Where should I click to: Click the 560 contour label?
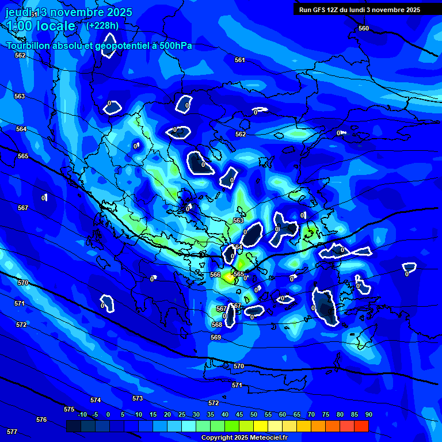(363, 28)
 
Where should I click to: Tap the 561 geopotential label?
(240, 60)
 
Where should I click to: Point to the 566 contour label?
(215, 275)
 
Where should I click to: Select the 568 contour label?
(216, 325)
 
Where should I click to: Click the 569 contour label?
(216, 337)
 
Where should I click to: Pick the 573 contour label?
(138, 398)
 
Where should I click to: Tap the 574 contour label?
(96, 400)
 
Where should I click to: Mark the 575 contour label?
(69, 409)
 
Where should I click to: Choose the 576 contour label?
(41, 420)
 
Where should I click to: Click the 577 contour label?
(12, 431)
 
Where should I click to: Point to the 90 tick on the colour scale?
(368, 414)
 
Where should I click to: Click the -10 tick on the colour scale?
(82, 414)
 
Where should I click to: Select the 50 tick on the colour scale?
(254, 414)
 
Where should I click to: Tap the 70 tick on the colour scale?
(311, 414)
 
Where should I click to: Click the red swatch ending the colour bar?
(361, 426)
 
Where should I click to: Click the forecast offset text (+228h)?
(102, 25)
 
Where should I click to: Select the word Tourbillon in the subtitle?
(28, 45)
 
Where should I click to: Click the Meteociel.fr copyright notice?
(244, 437)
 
